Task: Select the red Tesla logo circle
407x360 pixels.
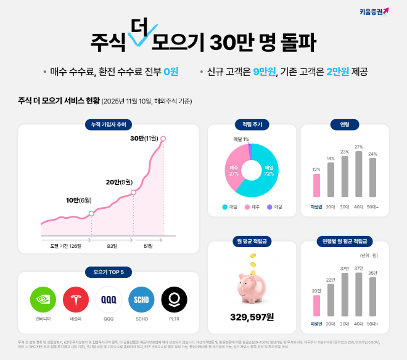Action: (x=76, y=300)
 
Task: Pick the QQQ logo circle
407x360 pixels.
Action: (x=109, y=300)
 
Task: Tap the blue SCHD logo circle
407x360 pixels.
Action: (x=141, y=300)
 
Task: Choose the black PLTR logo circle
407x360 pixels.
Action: (x=174, y=300)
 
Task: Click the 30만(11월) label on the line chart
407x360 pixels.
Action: (x=144, y=139)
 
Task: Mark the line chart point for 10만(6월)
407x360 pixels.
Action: (x=91, y=214)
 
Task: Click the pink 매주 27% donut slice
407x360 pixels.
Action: (x=234, y=170)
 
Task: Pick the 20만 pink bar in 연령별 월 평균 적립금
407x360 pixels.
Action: (x=316, y=306)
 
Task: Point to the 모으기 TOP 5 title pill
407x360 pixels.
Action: (x=109, y=272)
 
